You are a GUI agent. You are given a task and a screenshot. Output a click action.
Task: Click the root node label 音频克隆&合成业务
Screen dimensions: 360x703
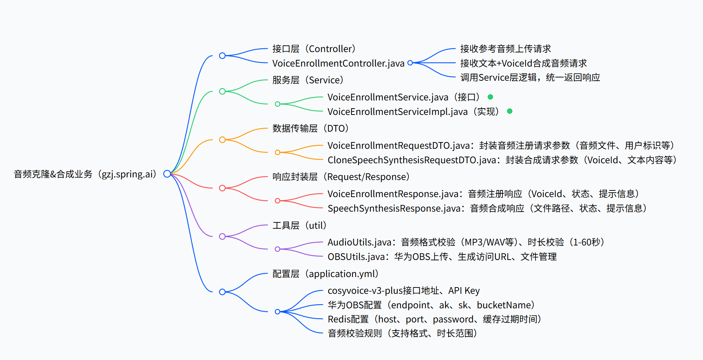tap(85, 174)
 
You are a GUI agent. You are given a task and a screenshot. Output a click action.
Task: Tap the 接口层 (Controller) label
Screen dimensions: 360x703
tap(314, 49)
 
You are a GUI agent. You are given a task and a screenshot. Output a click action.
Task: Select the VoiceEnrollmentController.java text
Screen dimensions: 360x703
tap(338, 63)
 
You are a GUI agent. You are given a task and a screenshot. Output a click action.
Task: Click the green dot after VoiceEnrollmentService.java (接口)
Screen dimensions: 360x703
tap(490, 97)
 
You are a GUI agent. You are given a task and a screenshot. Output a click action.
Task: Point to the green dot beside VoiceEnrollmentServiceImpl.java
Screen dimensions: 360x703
tap(510, 111)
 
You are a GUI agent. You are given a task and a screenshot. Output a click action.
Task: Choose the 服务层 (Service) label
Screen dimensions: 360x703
tap(308, 80)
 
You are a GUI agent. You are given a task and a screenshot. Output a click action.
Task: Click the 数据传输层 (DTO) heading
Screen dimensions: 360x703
tap(310, 128)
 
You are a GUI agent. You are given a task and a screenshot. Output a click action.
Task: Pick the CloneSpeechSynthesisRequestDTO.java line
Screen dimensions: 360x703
tap(502, 160)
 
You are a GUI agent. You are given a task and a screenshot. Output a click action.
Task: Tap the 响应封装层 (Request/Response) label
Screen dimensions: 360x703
tap(341, 177)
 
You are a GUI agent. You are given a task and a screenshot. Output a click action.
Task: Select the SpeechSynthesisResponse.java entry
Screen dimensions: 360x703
tap(487, 208)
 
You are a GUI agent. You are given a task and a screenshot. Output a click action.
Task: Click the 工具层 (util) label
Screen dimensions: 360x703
tap(299, 225)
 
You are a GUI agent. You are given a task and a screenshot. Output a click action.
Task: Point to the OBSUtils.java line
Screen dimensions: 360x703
tap(442, 257)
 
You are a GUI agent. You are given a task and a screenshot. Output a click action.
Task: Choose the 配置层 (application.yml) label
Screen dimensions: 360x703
tap(325, 274)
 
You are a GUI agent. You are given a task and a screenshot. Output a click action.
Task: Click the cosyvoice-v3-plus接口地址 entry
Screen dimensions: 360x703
tap(404, 290)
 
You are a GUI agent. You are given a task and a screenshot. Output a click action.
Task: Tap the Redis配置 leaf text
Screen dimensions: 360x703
tap(434, 319)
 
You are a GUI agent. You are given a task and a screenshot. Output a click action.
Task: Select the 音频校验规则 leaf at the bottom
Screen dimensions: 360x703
tap(402, 333)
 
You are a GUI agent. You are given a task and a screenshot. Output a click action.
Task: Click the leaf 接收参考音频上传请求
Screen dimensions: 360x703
tap(505, 49)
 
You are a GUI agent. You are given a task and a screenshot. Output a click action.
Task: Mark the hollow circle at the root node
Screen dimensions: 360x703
tap(167, 174)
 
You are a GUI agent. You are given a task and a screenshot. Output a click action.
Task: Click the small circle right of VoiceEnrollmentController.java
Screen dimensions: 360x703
tap(410, 63)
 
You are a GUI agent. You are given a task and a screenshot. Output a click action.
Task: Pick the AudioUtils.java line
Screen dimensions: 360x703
tap(466, 242)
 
